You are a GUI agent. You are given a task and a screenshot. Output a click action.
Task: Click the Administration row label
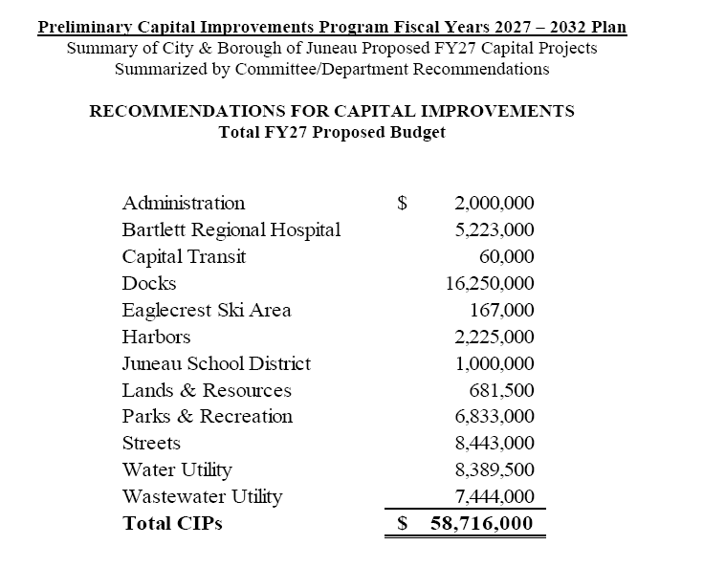coord(183,203)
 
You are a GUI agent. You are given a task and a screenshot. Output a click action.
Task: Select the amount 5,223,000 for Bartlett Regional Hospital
coord(494,229)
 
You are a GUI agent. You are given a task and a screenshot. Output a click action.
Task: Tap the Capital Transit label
coord(184,256)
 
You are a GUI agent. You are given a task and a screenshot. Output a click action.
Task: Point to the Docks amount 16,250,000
coord(490,283)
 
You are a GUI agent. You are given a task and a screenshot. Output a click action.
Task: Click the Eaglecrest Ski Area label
coord(207,310)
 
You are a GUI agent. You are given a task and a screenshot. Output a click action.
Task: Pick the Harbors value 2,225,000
coord(494,337)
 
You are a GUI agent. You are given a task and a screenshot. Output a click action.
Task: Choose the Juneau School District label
coord(216,363)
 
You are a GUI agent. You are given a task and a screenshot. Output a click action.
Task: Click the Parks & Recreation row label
coord(208,416)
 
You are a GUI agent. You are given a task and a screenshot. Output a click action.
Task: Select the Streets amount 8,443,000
coord(494,444)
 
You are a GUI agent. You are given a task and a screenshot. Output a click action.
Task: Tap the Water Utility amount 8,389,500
coord(494,469)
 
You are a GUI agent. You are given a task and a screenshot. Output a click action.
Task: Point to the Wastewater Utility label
coord(202,496)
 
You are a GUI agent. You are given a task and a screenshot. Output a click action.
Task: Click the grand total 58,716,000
coord(482,523)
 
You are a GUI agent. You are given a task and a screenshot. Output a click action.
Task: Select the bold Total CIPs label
coord(172,523)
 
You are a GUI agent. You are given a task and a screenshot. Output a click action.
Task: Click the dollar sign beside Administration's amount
coord(403,203)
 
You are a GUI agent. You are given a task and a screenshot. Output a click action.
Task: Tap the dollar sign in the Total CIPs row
coord(403,523)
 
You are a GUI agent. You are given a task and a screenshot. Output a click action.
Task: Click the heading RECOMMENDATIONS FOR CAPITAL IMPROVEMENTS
coord(332,111)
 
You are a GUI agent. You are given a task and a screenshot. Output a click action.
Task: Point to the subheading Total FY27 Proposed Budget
coord(332,132)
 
